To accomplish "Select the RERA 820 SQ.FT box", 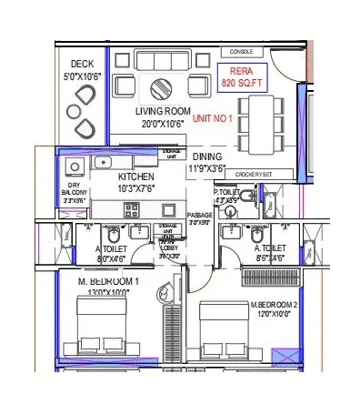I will tap(240, 77).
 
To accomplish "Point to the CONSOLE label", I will tap(241, 52).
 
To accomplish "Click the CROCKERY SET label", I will tap(252, 173).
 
